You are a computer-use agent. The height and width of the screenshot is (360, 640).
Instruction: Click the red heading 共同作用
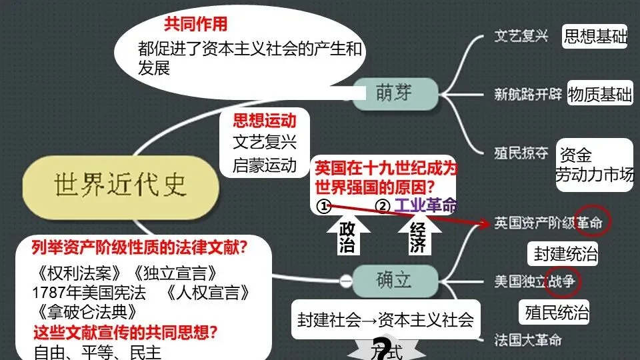[x=195, y=25]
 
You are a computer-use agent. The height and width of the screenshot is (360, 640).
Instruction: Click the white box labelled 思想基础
[x=595, y=37]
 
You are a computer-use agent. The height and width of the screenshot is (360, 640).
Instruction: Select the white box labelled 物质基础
[x=600, y=95]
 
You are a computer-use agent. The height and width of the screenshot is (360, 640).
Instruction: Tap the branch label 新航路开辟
[x=528, y=94]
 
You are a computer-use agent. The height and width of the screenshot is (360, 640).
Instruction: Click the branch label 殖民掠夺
[x=521, y=153]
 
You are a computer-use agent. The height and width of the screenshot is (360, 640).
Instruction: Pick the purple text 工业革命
[x=426, y=205]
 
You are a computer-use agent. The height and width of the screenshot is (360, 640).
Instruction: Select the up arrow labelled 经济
[x=417, y=237]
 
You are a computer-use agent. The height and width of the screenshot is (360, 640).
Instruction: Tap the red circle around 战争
[x=562, y=281]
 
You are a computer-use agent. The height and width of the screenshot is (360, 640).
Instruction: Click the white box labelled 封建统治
[x=566, y=254]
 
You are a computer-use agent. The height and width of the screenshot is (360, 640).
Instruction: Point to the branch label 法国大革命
[x=528, y=340]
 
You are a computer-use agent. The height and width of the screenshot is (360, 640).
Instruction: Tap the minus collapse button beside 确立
[x=345, y=281]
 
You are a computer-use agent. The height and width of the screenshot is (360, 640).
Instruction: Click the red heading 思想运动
[x=264, y=121]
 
